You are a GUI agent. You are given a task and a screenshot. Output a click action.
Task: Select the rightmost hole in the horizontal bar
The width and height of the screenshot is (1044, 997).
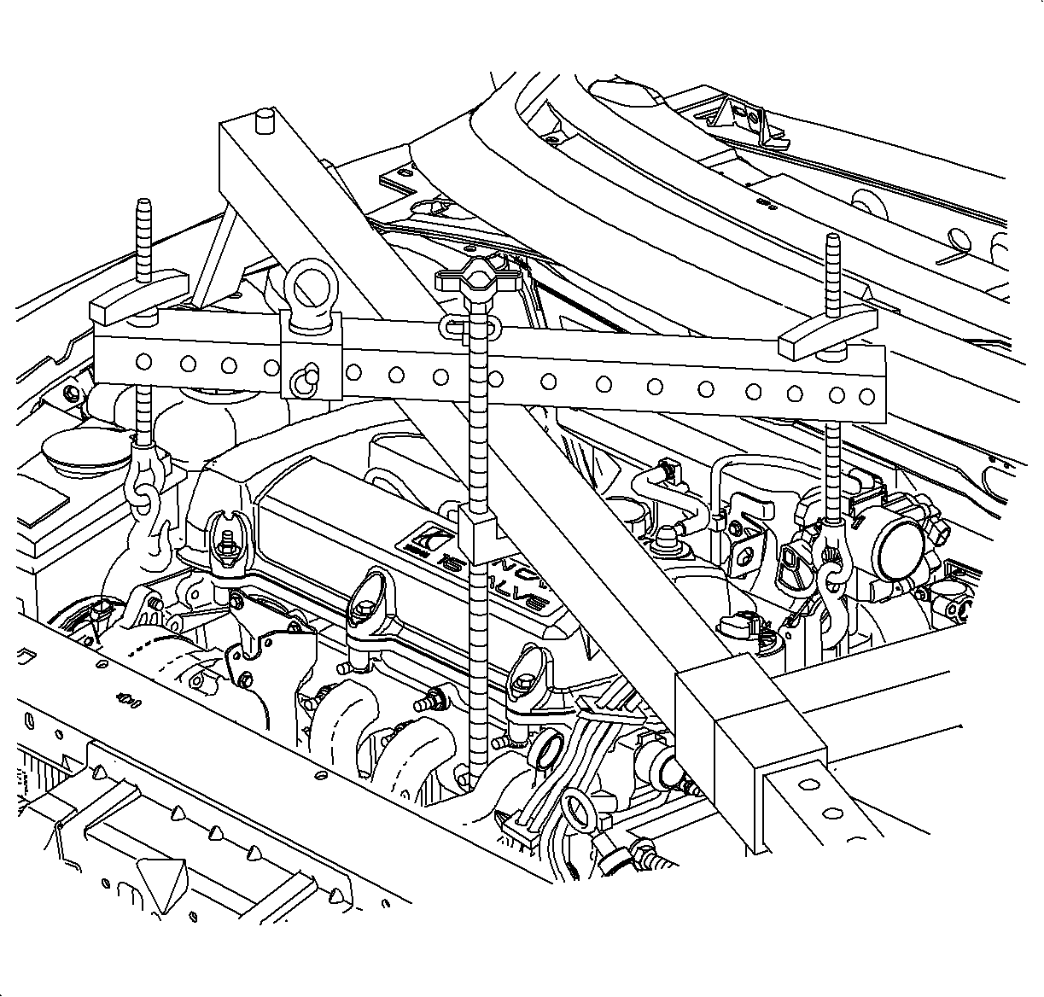[x=867, y=396]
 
